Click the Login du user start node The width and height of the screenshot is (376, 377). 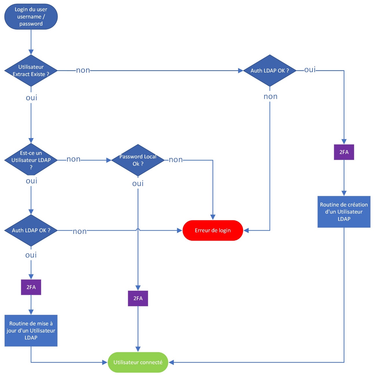(31, 16)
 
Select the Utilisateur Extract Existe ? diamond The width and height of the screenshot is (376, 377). (31, 70)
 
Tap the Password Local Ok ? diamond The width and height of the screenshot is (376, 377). (138, 160)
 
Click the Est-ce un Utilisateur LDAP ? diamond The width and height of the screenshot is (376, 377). (31, 160)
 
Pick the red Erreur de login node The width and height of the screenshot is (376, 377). (213, 230)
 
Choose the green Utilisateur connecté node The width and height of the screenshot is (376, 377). (138, 362)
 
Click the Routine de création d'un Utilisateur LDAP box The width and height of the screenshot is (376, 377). (344, 212)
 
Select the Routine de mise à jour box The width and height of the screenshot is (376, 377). (31, 330)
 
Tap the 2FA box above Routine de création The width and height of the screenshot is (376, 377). (344, 152)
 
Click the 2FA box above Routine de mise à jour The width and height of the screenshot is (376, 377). (31, 287)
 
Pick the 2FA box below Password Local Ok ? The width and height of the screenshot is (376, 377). (138, 298)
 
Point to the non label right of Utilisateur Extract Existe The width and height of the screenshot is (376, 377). (83, 70)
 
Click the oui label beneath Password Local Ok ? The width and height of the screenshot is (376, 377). (138, 183)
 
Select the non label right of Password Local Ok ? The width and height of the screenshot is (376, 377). (176, 160)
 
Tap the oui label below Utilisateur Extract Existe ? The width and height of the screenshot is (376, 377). (32, 98)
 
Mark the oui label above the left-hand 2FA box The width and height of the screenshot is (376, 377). (31, 255)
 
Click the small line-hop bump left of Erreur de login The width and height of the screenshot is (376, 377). (138, 230)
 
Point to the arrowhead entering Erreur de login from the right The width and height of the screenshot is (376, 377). (246, 231)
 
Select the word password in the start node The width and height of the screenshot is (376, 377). (31, 24)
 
